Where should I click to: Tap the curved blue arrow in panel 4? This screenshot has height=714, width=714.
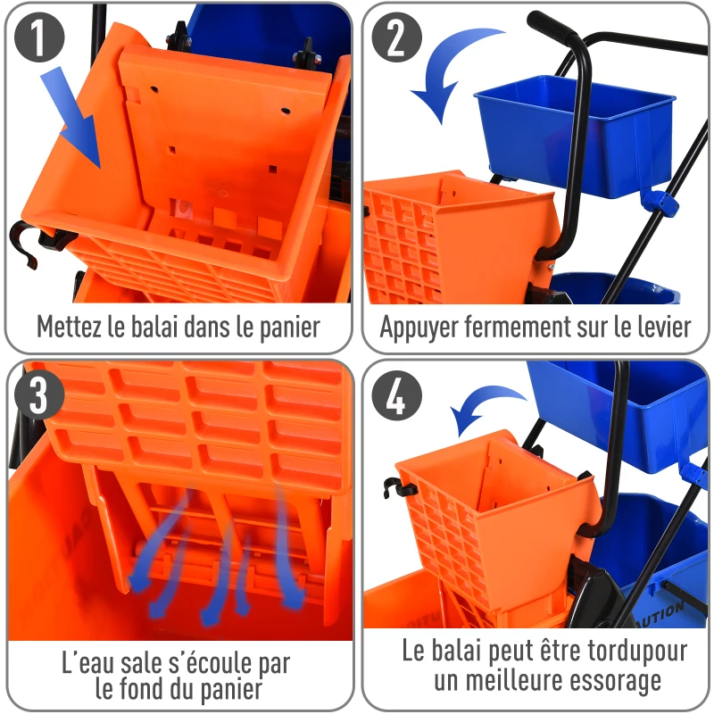coord(487,407)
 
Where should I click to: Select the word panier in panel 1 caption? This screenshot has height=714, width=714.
coord(286,327)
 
